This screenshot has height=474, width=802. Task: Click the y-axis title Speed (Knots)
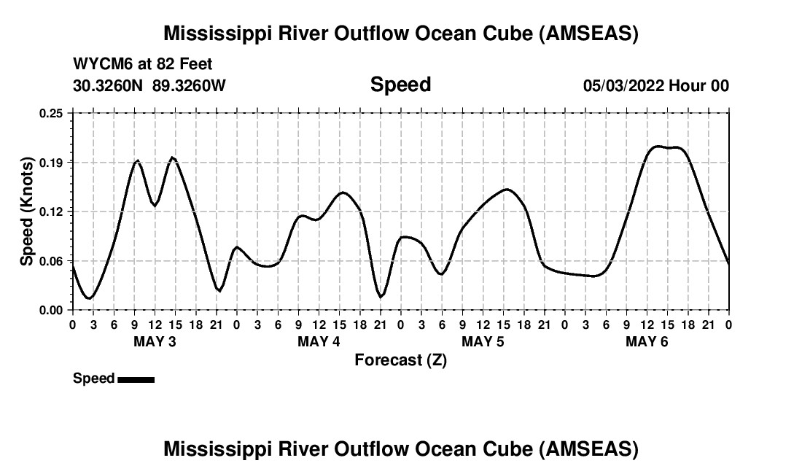pos(27,211)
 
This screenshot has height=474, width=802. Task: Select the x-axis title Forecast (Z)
pos(400,360)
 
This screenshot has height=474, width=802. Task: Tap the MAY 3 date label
pos(155,342)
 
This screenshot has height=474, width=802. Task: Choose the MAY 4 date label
pos(319,342)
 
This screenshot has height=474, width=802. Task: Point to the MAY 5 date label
pos(483,342)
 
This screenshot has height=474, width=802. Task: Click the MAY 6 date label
pos(647,342)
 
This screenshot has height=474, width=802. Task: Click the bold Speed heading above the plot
pos(400,85)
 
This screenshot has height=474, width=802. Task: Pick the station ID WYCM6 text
pos(99,64)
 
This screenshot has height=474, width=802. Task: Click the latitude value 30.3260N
pos(109,85)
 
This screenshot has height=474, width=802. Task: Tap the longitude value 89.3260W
pos(189,85)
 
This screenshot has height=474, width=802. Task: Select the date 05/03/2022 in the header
pos(623,85)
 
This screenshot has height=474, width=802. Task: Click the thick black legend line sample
pos(136,378)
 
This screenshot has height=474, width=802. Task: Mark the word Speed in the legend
pos(93,378)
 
